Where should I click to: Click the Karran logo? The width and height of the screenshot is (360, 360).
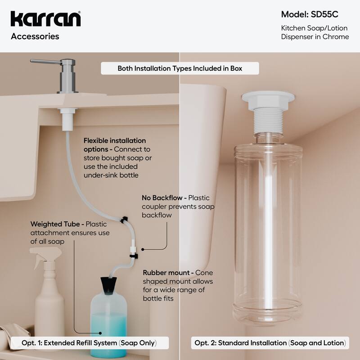tap(45, 19)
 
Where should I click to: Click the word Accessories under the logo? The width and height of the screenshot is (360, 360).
tap(35, 36)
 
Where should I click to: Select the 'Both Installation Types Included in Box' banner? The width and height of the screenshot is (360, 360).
tap(180, 68)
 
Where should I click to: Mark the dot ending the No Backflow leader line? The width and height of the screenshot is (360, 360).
tap(142, 248)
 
